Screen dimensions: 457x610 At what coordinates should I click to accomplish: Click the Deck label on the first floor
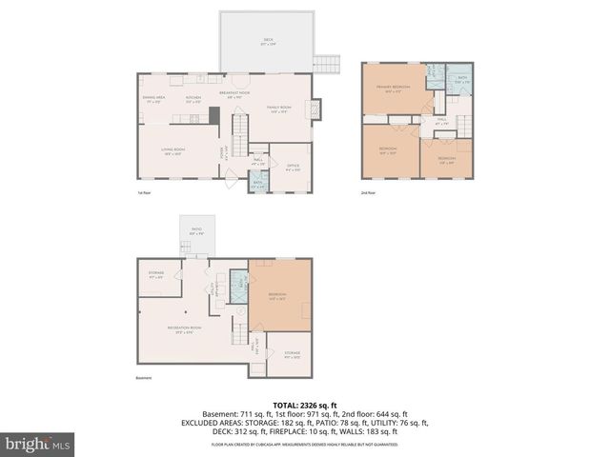[268, 41]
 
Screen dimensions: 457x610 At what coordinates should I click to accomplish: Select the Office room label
[293, 168]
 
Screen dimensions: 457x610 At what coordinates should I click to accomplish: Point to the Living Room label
[173, 150]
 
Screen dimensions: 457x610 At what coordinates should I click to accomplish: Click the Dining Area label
[153, 98]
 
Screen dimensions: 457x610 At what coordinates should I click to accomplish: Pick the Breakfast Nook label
[234, 93]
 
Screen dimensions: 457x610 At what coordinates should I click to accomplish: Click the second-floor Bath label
[461, 80]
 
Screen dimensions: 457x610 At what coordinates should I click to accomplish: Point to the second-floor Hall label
[441, 122]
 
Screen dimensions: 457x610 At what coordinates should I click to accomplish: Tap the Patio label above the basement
[197, 229]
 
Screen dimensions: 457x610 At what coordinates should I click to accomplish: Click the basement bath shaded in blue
[238, 282]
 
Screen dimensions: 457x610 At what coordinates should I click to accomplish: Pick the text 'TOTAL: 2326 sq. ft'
[305, 405]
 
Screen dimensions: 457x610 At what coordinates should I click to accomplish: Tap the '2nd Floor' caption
[369, 193]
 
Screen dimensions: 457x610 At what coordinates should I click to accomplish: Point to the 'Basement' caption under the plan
[145, 386]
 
